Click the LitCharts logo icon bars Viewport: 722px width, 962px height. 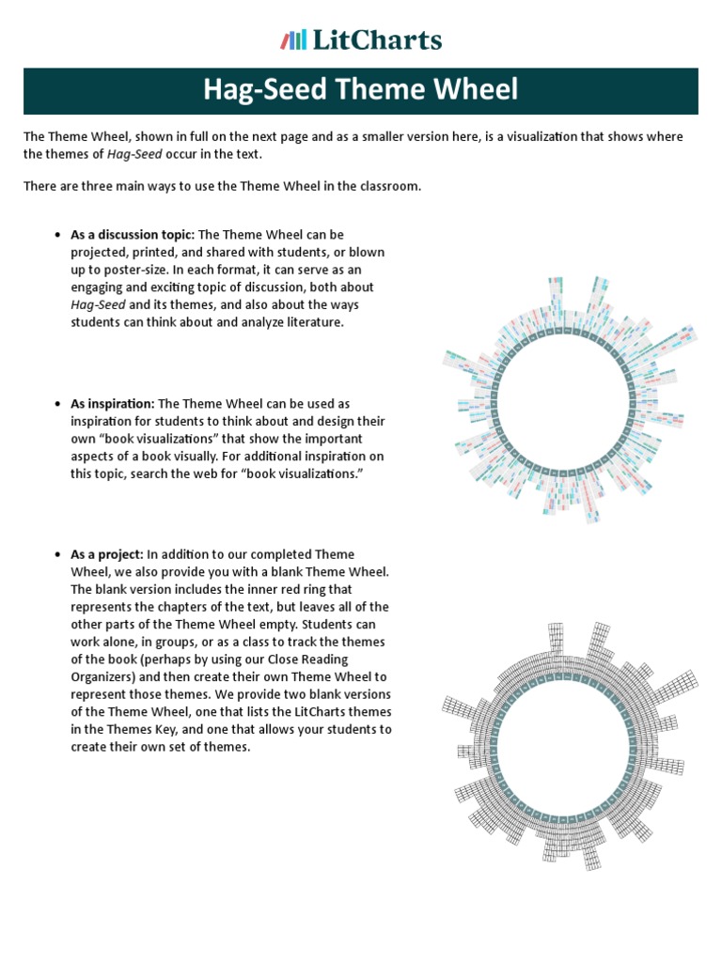point(293,40)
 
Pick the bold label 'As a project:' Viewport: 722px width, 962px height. point(107,554)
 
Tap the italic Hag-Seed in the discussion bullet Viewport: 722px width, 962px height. point(98,304)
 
